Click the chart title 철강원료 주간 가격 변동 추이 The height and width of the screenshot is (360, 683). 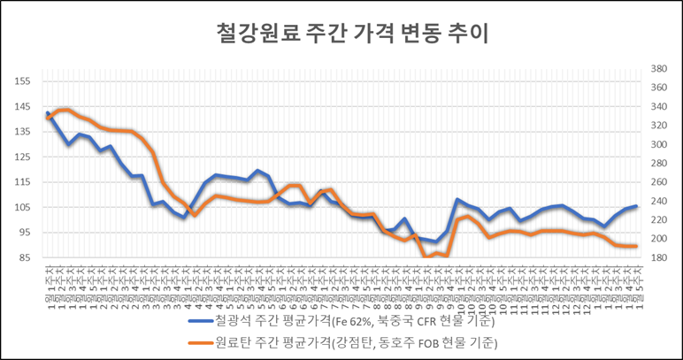341,34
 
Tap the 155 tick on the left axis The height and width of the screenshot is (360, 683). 22,81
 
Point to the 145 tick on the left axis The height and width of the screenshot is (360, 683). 22,106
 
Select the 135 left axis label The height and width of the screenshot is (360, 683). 22,132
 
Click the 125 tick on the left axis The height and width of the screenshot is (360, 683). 22,157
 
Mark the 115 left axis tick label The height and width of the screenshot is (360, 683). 22,182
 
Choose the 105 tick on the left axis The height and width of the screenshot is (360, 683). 22,208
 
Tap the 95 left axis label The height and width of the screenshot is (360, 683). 24,234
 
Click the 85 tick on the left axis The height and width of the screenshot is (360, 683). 24,258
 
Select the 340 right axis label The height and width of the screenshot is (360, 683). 658,107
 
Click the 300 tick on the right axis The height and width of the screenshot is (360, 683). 658,145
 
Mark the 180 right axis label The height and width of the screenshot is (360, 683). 658,258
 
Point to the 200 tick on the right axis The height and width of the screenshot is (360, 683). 658,240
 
